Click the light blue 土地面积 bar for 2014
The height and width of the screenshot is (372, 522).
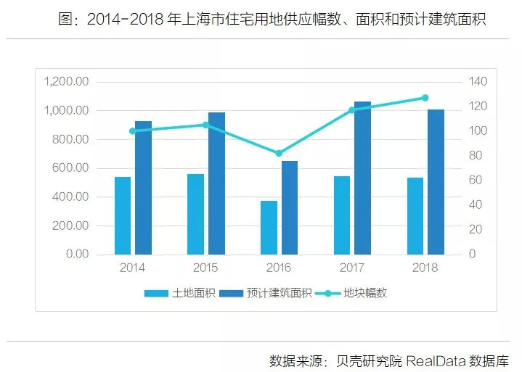point(123,215)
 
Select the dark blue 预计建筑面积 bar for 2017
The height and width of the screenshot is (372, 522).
point(362,178)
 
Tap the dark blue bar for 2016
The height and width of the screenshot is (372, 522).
point(290,207)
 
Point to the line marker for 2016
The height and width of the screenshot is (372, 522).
point(279,153)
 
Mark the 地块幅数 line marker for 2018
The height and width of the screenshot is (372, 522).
point(425,98)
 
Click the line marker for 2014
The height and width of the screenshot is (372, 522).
point(132,131)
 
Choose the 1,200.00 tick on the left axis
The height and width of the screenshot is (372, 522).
point(67,81)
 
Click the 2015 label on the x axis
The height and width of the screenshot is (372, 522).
point(205,268)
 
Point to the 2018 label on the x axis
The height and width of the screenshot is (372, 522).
point(425,268)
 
